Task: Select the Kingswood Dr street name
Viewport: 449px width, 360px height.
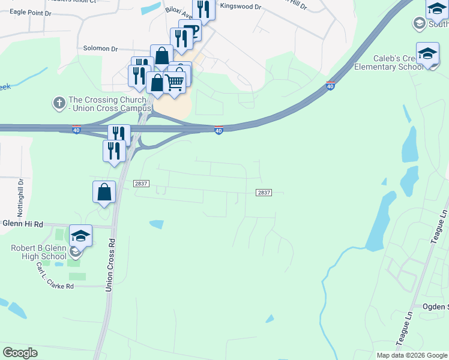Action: [241, 7]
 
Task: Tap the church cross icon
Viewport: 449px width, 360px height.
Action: [59, 103]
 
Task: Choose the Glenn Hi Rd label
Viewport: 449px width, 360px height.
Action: [23, 224]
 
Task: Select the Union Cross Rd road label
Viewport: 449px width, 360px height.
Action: [110, 265]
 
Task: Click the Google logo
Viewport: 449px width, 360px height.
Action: [20, 352]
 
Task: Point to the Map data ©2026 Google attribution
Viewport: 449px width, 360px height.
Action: [412, 355]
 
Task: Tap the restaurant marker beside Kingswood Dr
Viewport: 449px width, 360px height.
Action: [204, 9]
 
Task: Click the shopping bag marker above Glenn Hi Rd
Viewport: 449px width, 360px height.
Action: [104, 192]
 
